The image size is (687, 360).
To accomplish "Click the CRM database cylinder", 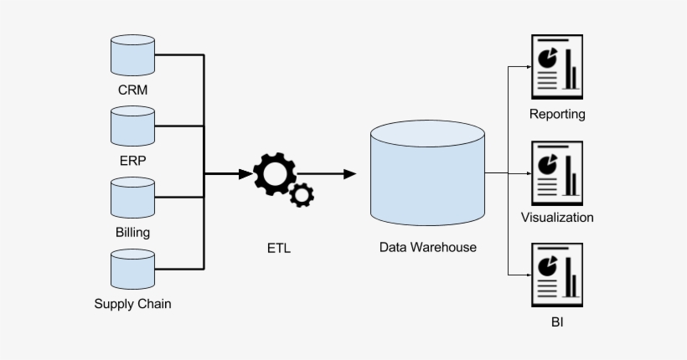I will click(x=132, y=55).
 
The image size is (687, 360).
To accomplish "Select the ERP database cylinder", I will click(x=132, y=126).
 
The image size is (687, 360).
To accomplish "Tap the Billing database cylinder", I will click(x=132, y=198).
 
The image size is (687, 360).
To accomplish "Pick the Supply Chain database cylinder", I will click(x=132, y=270).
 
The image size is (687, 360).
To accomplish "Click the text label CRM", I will click(x=132, y=89).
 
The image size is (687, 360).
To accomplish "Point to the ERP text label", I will click(x=132, y=160).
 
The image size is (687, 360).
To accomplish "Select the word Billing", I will click(x=132, y=232).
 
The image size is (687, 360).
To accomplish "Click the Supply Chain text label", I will click(x=132, y=304).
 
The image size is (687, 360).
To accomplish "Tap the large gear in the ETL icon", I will click(x=275, y=173).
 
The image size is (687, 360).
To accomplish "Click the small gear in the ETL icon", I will click(x=302, y=196).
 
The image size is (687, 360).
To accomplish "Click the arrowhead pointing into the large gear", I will click(x=245, y=174).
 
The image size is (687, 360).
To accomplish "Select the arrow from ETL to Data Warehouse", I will click(x=328, y=174).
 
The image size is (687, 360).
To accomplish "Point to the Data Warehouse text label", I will click(x=427, y=248).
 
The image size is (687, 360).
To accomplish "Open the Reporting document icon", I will click(x=557, y=67).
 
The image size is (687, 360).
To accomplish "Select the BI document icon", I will click(x=557, y=275).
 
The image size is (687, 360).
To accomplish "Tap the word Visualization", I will click(x=557, y=218).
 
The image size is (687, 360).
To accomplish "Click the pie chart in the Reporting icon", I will click(x=548, y=58).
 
